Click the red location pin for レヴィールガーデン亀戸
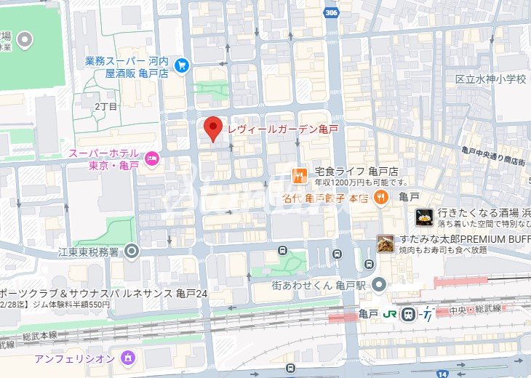coord(212,129)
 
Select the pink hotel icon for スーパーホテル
coord(151,157)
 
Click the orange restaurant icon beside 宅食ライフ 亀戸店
coord(298,174)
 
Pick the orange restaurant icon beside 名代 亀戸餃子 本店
coord(380,196)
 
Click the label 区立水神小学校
coord(490,79)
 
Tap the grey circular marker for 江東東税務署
coord(132,252)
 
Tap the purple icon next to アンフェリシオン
coord(128,358)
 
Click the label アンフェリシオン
coord(74,358)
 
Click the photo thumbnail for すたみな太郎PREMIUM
coord(386,244)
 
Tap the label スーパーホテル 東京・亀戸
coord(103,159)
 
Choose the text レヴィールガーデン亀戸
coord(284,129)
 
